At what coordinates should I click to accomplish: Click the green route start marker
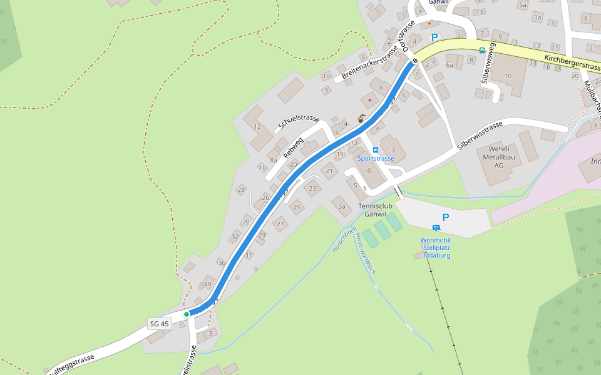click(187, 314)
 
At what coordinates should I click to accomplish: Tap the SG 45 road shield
click(160, 324)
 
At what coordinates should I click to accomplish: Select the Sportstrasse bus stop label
click(376, 159)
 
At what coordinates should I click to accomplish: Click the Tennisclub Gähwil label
click(376, 210)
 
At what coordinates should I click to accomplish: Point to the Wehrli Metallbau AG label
click(498, 157)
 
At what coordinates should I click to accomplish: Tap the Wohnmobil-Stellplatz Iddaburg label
click(436, 247)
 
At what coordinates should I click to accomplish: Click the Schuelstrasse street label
click(299, 123)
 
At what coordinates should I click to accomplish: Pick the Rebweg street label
click(293, 147)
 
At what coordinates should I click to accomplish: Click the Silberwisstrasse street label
click(480, 135)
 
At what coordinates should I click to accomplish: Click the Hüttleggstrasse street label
click(70, 364)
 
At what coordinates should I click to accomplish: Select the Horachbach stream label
click(344, 239)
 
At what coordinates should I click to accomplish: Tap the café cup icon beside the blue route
click(361, 117)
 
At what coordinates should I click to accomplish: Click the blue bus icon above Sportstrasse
click(376, 149)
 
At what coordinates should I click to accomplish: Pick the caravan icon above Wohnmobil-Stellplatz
click(436, 228)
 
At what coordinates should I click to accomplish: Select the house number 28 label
click(240, 189)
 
